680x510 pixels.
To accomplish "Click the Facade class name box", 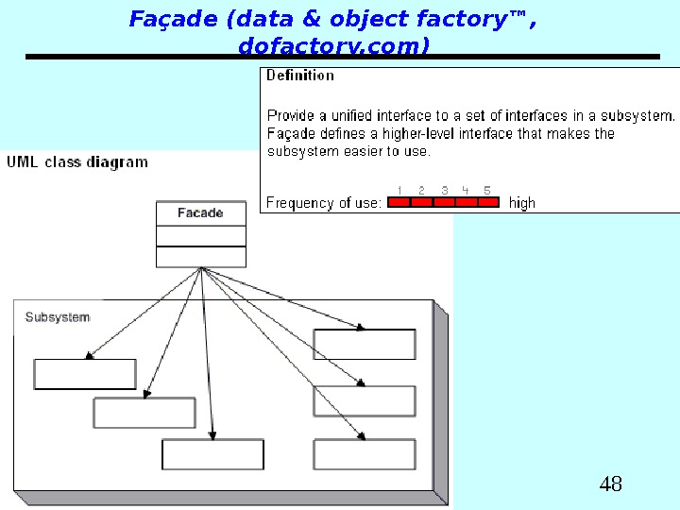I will pyautogui.click(x=200, y=213).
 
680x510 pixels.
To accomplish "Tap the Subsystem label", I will pyautogui.click(x=58, y=317).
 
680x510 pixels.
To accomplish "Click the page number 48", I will pyautogui.click(x=611, y=485).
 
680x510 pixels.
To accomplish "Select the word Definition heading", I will pyautogui.click(x=300, y=76).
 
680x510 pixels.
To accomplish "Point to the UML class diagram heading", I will pyautogui.click(x=77, y=161).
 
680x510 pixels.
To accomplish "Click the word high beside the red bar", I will pyautogui.click(x=521, y=202).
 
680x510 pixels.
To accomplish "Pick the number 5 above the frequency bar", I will pyautogui.click(x=487, y=190).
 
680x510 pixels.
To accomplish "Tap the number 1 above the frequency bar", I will pyautogui.click(x=400, y=190).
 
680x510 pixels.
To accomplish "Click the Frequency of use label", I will pyautogui.click(x=324, y=202).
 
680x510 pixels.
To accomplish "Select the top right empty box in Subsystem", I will pyautogui.click(x=364, y=345).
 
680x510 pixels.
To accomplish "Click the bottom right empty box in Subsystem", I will pyautogui.click(x=364, y=454).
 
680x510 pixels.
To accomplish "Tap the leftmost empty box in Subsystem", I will pyautogui.click(x=85, y=374).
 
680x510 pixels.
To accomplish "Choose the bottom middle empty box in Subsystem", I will pyautogui.click(x=212, y=454).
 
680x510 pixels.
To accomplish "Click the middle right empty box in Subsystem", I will pyautogui.click(x=364, y=400).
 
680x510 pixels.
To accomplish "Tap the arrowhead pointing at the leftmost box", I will pyautogui.click(x=89, y=356).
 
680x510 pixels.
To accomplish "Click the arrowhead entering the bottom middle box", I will pyautogui.click(x=212, y=435).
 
